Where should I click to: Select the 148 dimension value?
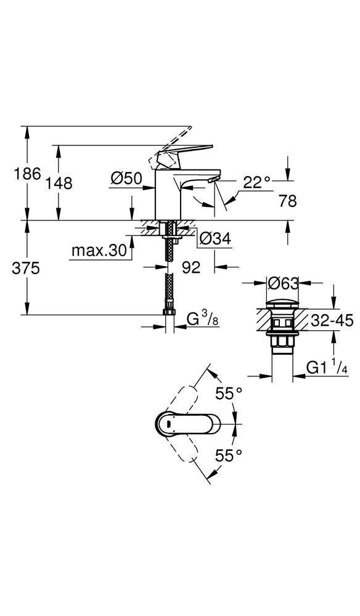59,183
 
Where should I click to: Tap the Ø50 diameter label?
126,179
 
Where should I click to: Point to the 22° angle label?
256,182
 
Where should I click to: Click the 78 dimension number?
288,201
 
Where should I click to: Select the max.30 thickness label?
98,251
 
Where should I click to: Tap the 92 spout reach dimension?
192,268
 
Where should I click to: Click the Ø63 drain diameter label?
284,283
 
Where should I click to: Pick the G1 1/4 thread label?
327,368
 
